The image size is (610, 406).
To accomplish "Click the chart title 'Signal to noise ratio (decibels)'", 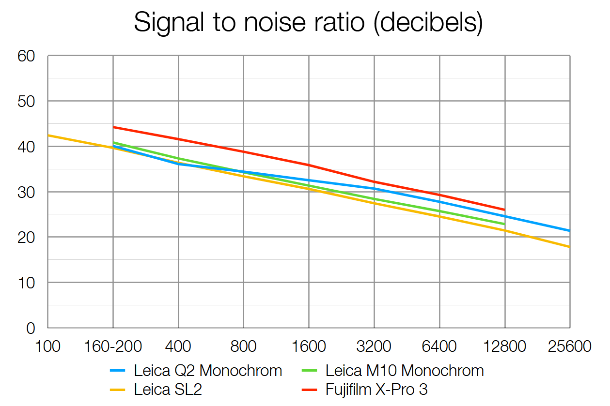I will click(x=308, y=23).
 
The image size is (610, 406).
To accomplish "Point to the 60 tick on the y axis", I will click(x=27, y=56).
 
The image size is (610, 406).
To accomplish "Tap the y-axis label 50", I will click(x=27, y=101).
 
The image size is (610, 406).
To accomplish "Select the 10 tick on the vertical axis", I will click(x=27, y=283).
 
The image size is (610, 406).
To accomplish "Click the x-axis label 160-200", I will click(x=113, y=347).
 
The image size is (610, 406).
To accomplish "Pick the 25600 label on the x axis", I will click(x=570, y=347).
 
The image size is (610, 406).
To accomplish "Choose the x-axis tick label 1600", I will click(x=309, y=347).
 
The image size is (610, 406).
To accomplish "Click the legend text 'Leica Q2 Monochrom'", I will click(x=208, y=371).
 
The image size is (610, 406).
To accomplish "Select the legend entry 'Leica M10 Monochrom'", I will click(x=405, y=371).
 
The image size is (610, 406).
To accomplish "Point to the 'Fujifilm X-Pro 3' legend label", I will click(x=376, y=389).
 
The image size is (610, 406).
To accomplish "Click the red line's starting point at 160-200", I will click(x=113, y=127).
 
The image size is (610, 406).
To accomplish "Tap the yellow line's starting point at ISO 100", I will click(x=48, y=135).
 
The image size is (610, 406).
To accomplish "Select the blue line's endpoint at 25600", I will click(x=570, y=231).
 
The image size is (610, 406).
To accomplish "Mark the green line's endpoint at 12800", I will click(x=505, y=224).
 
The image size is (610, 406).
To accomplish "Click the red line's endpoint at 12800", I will click(x=505, y=210).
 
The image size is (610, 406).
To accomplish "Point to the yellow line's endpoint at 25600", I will click(x=570, y=247).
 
